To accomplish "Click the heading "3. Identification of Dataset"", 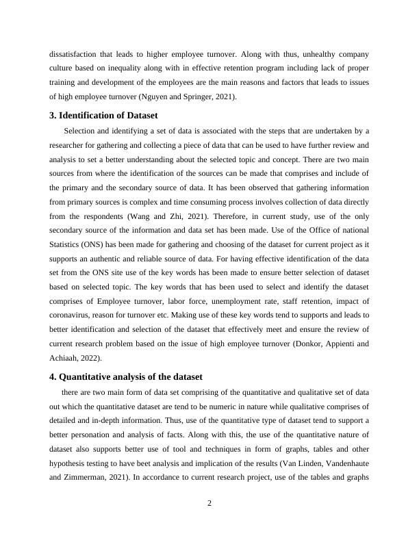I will coord(107,115).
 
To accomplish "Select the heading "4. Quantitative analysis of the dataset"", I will coord(125,377).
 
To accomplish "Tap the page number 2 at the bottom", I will coord(209,504).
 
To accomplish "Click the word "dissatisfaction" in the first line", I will coord(72,53).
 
